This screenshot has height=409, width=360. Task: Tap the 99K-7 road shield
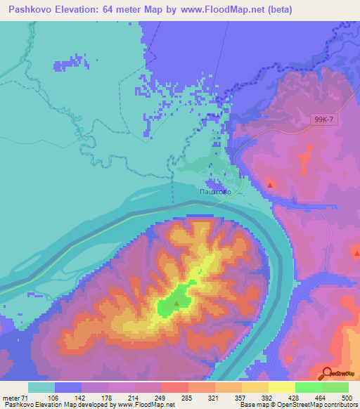pos(324,120)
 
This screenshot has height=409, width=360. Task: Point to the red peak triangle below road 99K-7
pos(270,185)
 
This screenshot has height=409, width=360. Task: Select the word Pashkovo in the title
pos(33,10)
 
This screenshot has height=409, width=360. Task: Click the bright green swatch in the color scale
pos(309,387)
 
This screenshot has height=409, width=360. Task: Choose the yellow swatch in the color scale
pos(282,387)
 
